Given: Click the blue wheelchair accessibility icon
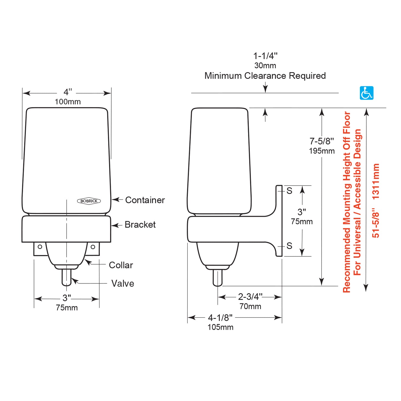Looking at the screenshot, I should click(x=367, y=93).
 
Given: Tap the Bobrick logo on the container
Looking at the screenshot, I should click(x=89, y=201).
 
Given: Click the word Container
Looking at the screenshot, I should click(x=145, y=200).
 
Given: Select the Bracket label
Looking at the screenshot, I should click(x=140, y=225).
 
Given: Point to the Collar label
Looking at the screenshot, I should click(x=121, y=265).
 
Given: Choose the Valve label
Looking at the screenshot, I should click(x=123, y=284).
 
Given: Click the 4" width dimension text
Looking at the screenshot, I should click(x=67, y=92).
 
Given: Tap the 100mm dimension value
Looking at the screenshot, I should click(x=68, y=102).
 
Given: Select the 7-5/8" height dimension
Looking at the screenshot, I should click(x=322, y=141).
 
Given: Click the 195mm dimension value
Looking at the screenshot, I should click(x=322, y=151).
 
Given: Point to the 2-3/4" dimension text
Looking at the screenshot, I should click(x=250, y=297).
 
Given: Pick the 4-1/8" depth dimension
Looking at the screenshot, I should click(x=220, y=317).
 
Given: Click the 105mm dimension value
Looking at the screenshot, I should click(x=220, y=327).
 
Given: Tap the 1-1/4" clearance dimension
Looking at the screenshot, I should click(x=265, y=56).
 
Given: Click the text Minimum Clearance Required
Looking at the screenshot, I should click(x=265, y=76).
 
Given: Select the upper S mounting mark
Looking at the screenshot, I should click(x=289, y=191).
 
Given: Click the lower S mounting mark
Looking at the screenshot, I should click(x=289, y=246).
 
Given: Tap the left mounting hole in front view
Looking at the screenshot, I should click(x=40, y=247).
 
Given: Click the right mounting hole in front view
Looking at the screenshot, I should click(x=93, y=247).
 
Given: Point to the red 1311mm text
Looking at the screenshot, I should click(x=376, y=181).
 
